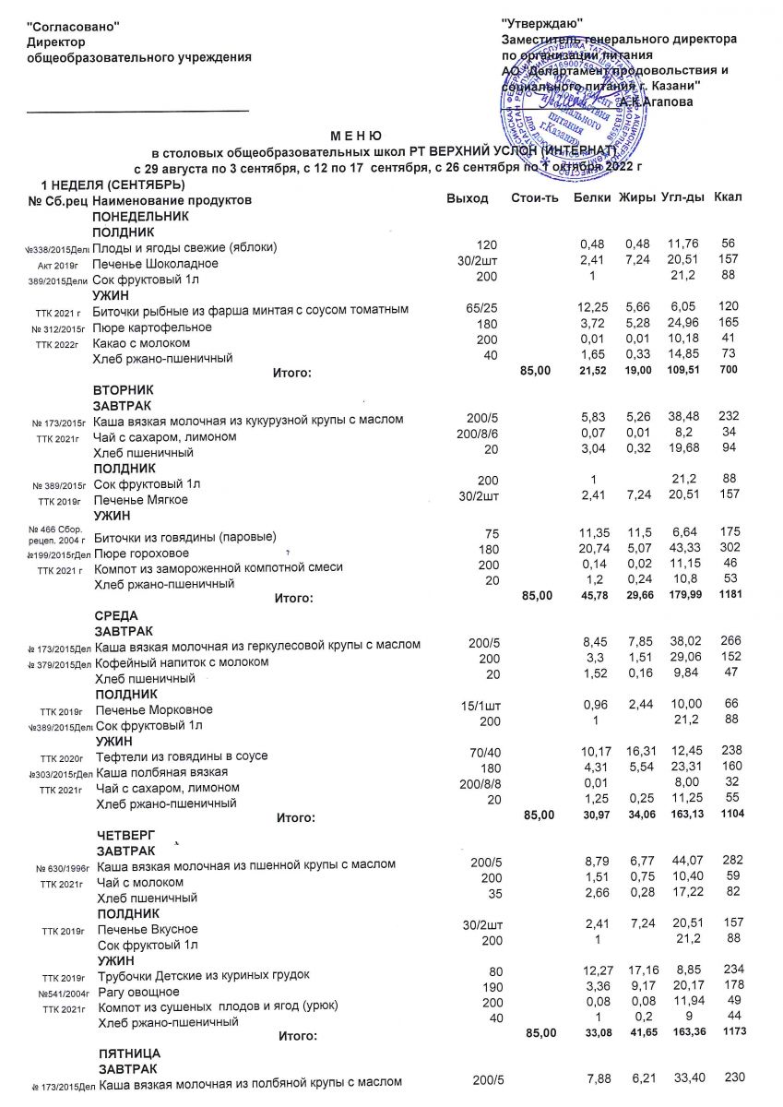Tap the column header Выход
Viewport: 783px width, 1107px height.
pos(467,199)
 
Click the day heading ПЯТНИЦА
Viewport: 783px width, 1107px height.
pos(130,1053)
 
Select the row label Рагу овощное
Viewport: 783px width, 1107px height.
pos(139,991)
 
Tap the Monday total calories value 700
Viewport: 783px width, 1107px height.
pos(728,371)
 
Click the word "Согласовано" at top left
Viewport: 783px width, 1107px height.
pos(74,28)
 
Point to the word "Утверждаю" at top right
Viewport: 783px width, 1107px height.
pos(542,23)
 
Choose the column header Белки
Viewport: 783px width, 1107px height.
pos(591,199)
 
